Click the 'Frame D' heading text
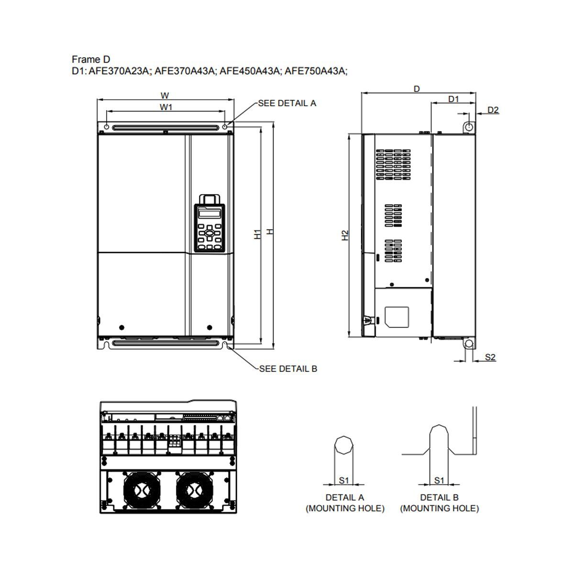coord(91,60)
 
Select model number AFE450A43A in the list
coord(249,71)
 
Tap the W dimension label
coord(165,96)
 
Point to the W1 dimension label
coord(166,107)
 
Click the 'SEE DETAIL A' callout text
coord(287,103)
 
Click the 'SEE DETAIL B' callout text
coord(288,369)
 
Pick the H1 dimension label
coord(257,234)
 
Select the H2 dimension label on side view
coord(344,235)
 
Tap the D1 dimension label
coord(453,99)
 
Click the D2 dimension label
coord(493,110)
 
